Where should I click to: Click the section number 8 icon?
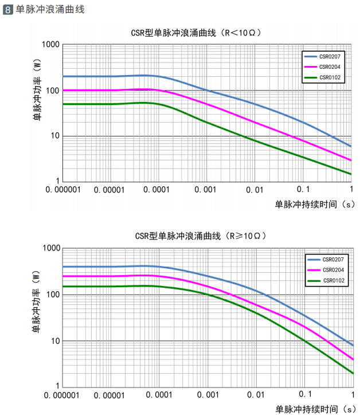(8, 10)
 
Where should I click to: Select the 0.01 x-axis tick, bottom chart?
(255, 395)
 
